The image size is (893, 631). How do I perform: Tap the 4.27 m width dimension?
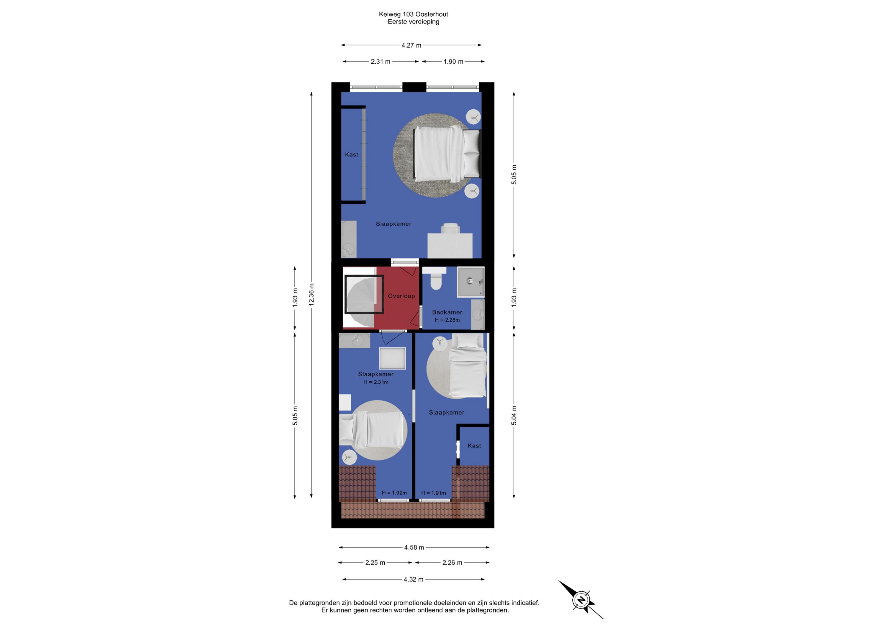tap(411, 45)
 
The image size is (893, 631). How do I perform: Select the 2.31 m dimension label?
tap(380, 61)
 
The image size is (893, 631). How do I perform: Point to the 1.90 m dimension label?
tap(454, 61)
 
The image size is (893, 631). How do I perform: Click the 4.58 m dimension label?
tap(414, 547)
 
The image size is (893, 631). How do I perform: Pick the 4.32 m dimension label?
tap(413, 579)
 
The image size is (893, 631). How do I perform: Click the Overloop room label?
tap(401, 296)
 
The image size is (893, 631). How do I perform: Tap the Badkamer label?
tap(447, 312)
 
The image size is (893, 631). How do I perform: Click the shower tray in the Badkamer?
tap(471, 282)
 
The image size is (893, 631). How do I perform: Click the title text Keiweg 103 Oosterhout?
tap(413, 14)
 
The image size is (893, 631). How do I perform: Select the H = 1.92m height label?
tap(394, 493)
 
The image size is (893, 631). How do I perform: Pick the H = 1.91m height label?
tap(434, 493)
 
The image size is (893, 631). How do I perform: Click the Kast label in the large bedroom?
tap(352, 155)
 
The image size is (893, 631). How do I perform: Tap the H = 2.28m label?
tap(447, 320)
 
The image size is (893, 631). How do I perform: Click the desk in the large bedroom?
tap(450, 245)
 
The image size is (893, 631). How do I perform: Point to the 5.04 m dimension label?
tap(514, 415)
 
